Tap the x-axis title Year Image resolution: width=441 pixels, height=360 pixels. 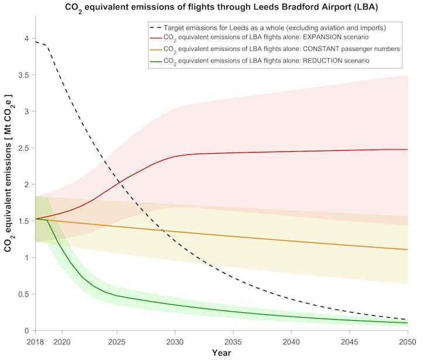(221, 353)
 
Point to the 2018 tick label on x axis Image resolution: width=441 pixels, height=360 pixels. (36, 341)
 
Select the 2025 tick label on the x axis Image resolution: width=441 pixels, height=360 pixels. (117, 341)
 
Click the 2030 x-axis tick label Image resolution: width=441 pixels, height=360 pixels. (175, 341)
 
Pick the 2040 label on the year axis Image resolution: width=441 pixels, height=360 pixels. (291, 341)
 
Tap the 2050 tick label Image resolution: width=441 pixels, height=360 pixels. (407, 341)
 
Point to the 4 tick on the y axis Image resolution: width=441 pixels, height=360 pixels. (25, 39)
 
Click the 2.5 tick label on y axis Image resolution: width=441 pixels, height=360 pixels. (23, 148)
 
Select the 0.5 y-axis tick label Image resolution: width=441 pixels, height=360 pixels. (23, 294)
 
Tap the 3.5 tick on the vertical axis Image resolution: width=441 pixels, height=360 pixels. (23, 75)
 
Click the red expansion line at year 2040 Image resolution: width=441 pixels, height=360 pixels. (291, 151)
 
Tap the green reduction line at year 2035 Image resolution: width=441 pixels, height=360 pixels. (233, 310)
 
